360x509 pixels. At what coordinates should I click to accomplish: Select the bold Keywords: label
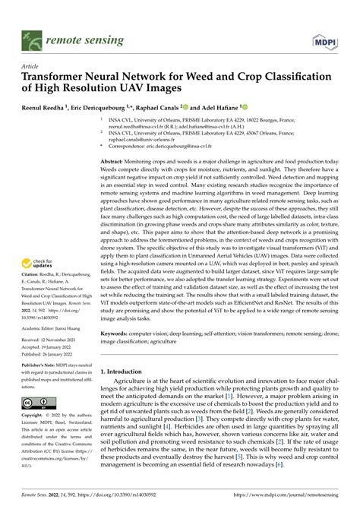pos(118,332)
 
